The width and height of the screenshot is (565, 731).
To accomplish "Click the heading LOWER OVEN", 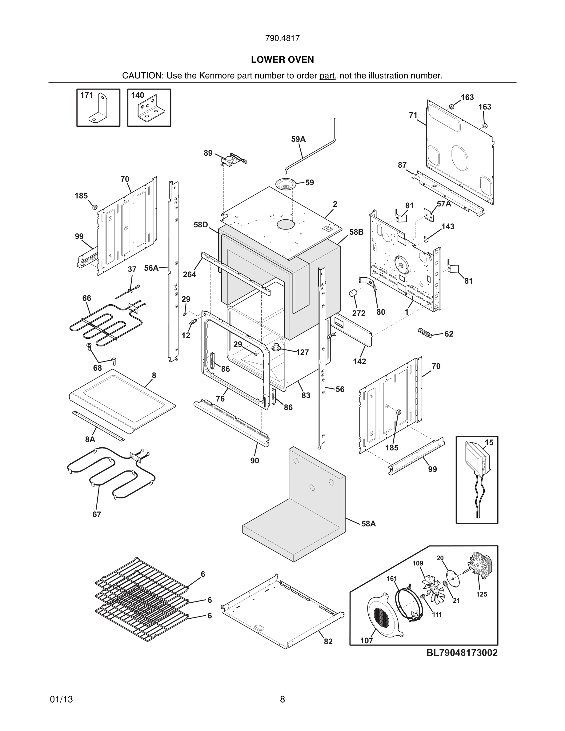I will point(282,60).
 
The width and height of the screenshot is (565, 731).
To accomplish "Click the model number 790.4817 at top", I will point(282,38).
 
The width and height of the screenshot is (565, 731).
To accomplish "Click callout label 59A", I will point(298,139).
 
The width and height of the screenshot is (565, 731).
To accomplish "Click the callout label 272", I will point(359,313).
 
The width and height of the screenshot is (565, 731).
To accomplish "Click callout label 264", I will point(190,274).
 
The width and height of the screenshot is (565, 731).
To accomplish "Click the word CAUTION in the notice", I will point(142,76).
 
